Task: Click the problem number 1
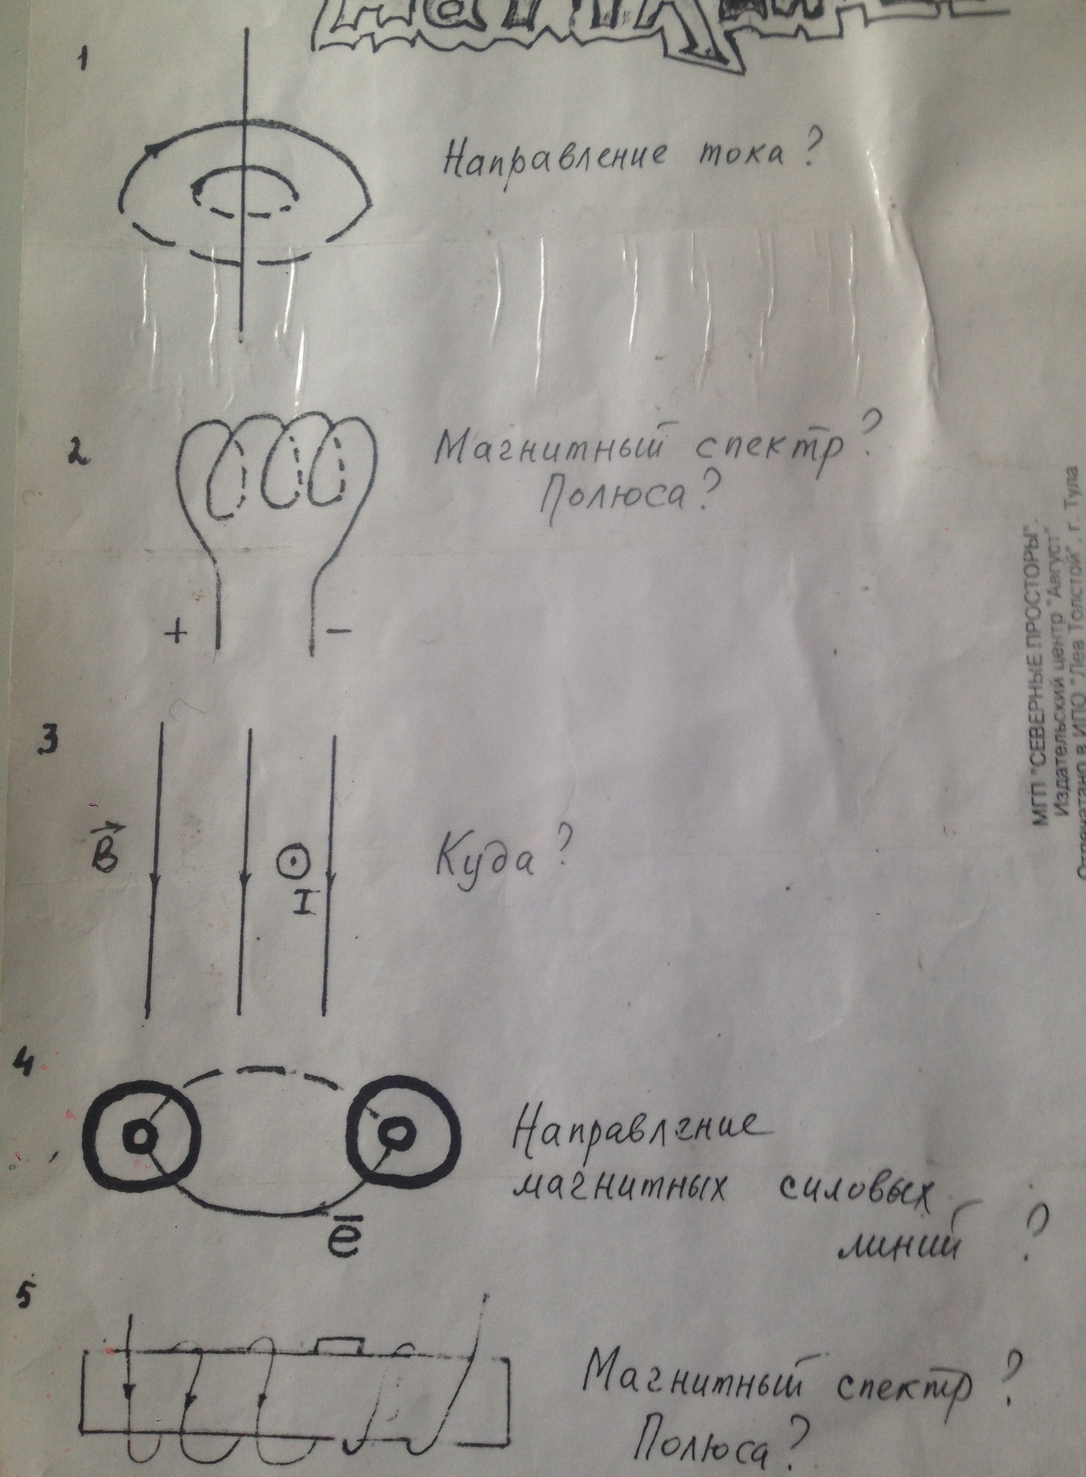(x=83, y=60)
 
